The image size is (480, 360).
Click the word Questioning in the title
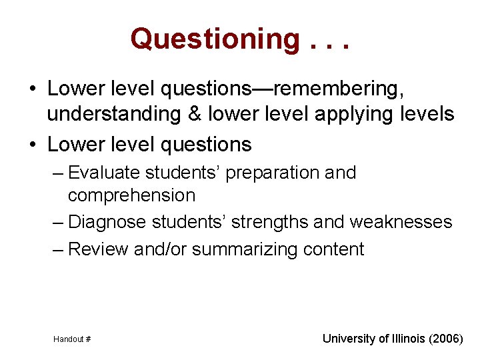click(x=215, y=39)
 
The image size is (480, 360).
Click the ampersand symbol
click(x=195, y=114)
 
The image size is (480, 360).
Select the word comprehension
click(x=131, y=195)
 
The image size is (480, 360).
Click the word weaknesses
click(x=401, y=222)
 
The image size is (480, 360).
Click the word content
click(x=333, y=249)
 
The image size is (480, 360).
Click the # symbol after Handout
click(x=87, y=339)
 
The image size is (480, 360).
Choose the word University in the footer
click(x=349, y=339)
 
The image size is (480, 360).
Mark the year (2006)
click(x=447, y=339)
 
